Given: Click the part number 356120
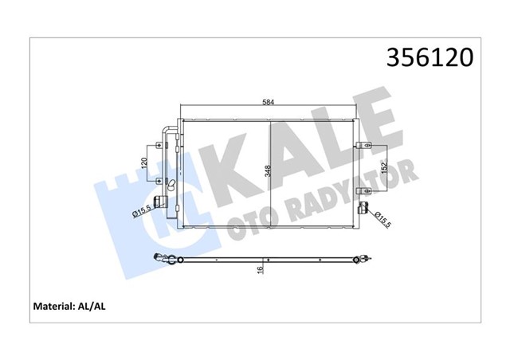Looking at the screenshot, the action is (430, 57).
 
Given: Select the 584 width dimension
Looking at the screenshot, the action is (269, 102).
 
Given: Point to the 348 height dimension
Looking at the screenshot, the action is (268, 171).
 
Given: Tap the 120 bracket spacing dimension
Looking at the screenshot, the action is (145, 162).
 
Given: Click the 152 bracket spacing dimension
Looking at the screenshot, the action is (384, 168).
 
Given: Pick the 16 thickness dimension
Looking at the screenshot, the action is (260, 269).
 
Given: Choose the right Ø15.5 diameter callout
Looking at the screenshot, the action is (382, 219).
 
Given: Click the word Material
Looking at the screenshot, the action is (54, 307).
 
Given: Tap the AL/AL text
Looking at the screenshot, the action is (92, 307).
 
